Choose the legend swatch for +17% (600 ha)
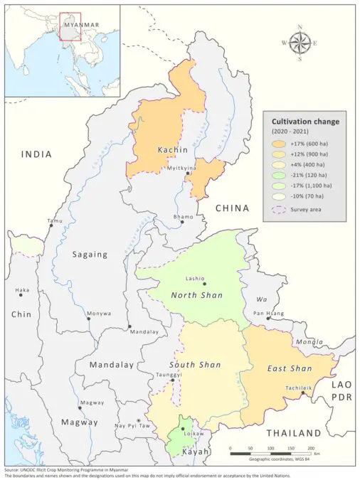[x=278, y=144]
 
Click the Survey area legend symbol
[x=278, y=209]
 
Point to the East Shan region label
[x=290, y=368]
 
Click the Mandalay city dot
[x=129, y=327]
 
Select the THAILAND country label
[x=293, y=433]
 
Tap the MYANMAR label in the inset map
[x=80, y=24]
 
